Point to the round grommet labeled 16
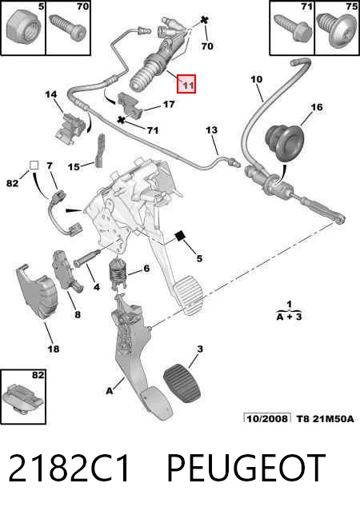pos(283,142)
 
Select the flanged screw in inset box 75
pos(337,30)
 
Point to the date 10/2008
pos(267,418)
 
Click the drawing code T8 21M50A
pos(325,419)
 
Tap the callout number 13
pos(212,130)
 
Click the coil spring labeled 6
pos(117,273)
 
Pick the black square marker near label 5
pos(180,236)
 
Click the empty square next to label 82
pos(34,166)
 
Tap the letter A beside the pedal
pos(110,390)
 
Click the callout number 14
pos(51,94)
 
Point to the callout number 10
pos(256,79)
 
